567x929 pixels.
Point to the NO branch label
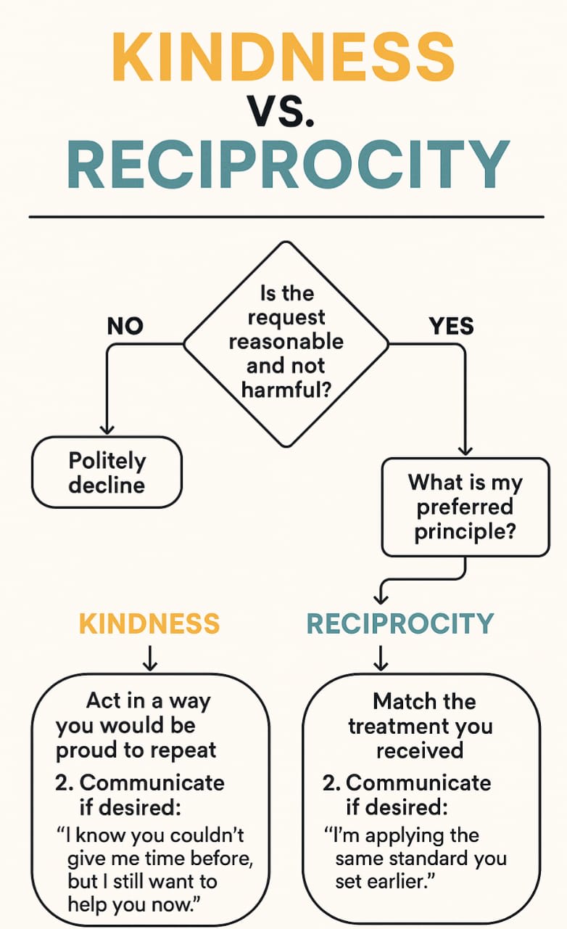pos(125,326)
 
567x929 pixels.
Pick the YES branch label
pos(451,326)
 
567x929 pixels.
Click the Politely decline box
pos(107,472)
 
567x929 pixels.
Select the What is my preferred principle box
pos(465,507)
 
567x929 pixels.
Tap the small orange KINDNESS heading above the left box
pos(149,623)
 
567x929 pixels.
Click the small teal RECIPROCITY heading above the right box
pos(400,623)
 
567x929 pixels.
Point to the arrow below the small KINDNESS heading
pos(149,658)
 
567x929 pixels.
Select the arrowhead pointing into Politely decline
pos(107,429)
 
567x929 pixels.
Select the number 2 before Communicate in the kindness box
pos(64,783)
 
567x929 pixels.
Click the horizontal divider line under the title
pos(286,216)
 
